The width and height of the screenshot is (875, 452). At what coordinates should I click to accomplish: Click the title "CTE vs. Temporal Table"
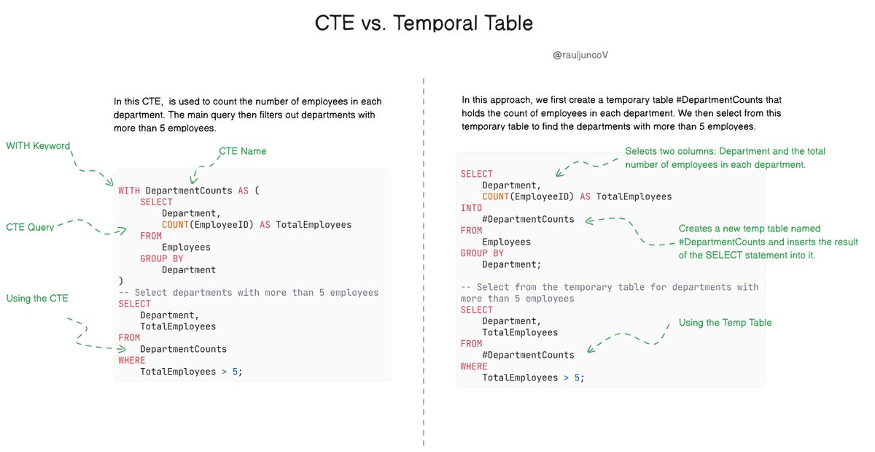pyautogui.click(x=424, y=23)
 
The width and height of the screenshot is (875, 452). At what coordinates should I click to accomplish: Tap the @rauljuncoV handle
pyautogui.click(x=581, y=55)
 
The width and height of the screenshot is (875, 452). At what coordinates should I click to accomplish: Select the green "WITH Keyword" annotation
pyautogui.click(x=38, y=146)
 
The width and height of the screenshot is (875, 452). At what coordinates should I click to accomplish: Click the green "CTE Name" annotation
pyautogui.click(x=242, y=151)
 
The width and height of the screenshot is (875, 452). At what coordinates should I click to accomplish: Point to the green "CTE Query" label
pyautogui.click(x=30, y=227)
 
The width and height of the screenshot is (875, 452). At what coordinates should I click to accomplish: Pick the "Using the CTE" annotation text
pyautogui.click(x=37, y=298)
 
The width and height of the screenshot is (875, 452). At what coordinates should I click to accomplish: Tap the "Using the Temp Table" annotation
pyautogui.click(x=724, y=323)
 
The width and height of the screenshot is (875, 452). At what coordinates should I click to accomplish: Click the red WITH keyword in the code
pyautogui.click(x=129, y=191)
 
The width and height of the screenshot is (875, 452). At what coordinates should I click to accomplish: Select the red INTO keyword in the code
pyautogui.click(x=472, y=208)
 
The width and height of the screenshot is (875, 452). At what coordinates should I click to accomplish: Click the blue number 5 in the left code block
pyautogui.click(x=235, y=372)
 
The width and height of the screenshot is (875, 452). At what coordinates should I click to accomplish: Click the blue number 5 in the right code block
pyautogui.click(x=577, y=378)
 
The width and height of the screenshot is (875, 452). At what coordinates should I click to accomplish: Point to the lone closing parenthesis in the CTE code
pyautogui.click(x=121, y=281)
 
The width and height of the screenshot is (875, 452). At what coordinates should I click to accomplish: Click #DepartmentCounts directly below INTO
pyautogui.click(x=528, y=219)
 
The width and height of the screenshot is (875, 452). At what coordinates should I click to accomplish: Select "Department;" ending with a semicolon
pyautogui.click(x=512, y=264)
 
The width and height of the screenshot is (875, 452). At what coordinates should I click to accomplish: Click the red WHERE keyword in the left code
pyautogui.click(x=132, y=360)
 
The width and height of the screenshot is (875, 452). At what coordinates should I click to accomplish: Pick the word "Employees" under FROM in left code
pyautogui.click(x=186, y=248)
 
